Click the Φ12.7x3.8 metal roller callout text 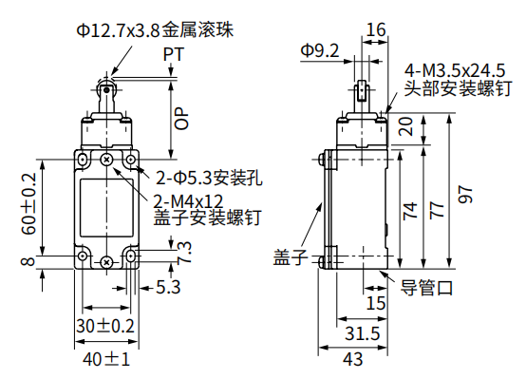[x=155, y=31]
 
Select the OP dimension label [x=182, y=116]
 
